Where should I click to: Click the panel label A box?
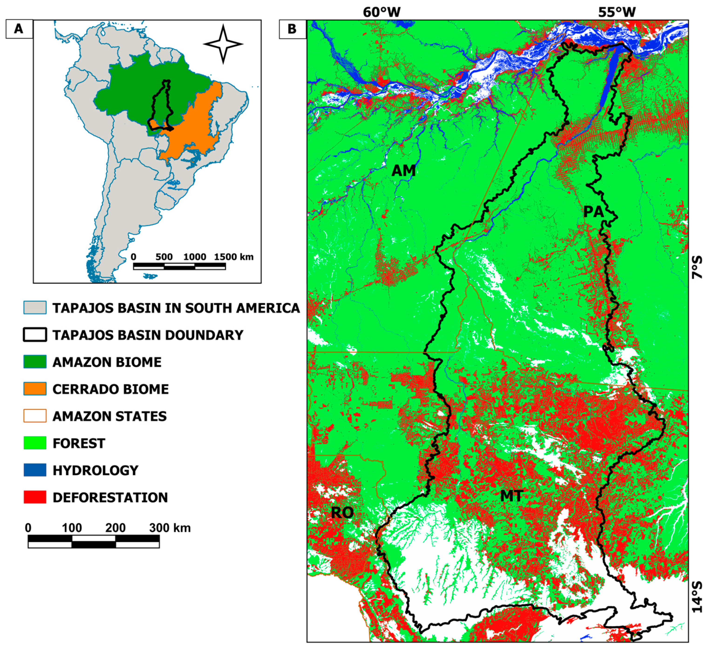[19, 29]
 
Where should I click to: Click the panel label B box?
[292, 29]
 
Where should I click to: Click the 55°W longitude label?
[617, 12]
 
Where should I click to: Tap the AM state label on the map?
[404, 171]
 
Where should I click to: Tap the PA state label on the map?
[594, 212]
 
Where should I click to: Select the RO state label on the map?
[342, 513]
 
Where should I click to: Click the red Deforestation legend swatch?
[35, 497]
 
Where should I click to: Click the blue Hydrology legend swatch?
[35, 470]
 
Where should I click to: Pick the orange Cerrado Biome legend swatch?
[35, 389]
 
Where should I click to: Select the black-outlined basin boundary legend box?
[35, 335]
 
